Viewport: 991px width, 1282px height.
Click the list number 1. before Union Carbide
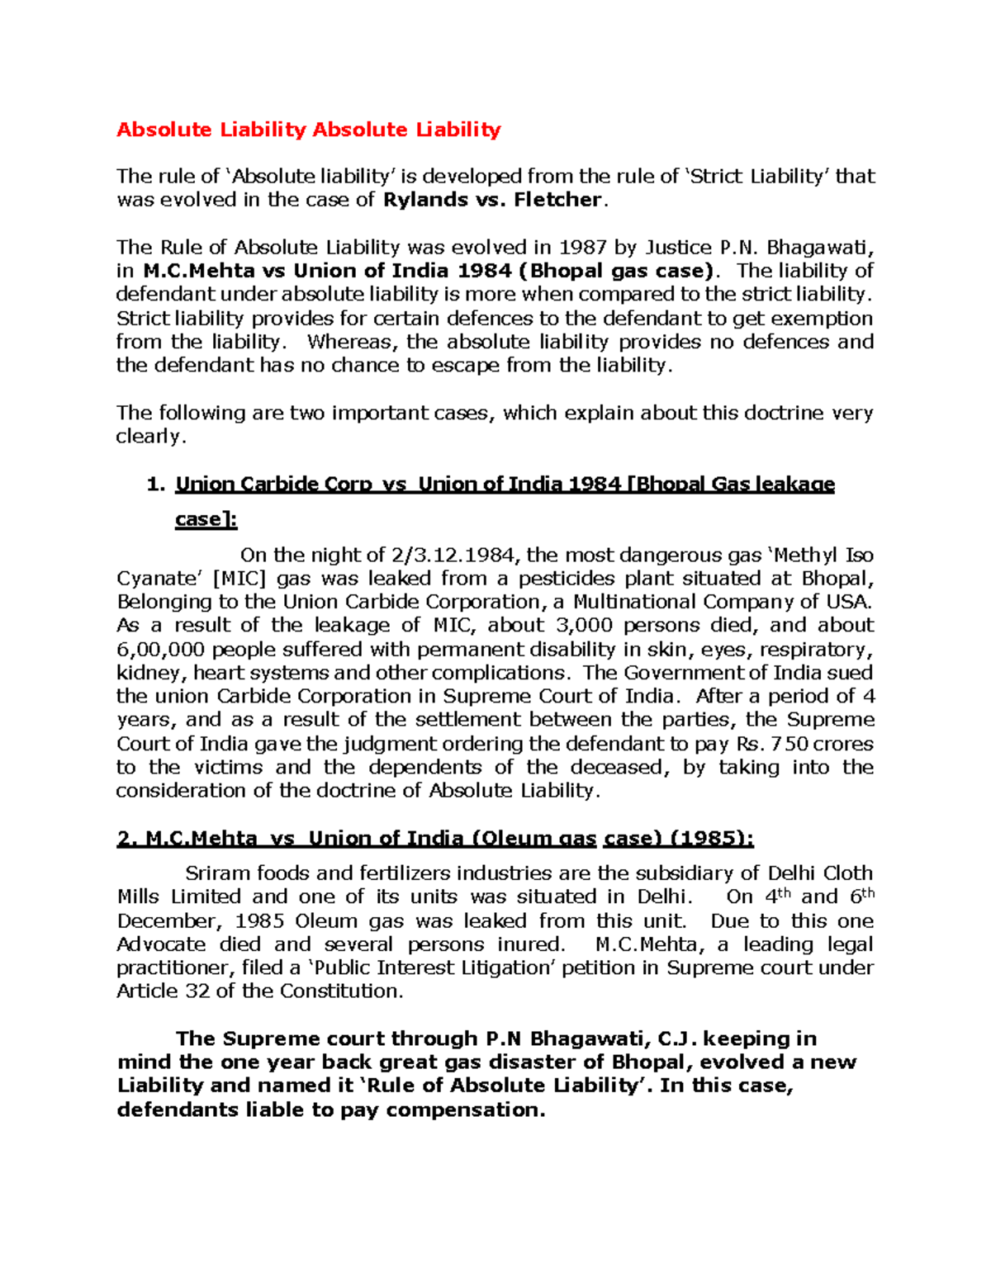tap(156, 485)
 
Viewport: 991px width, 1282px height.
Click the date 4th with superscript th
tap(777, 896)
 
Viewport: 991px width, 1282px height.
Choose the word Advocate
tap(161, 944)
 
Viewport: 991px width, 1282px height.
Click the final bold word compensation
tap(465, 1110)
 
